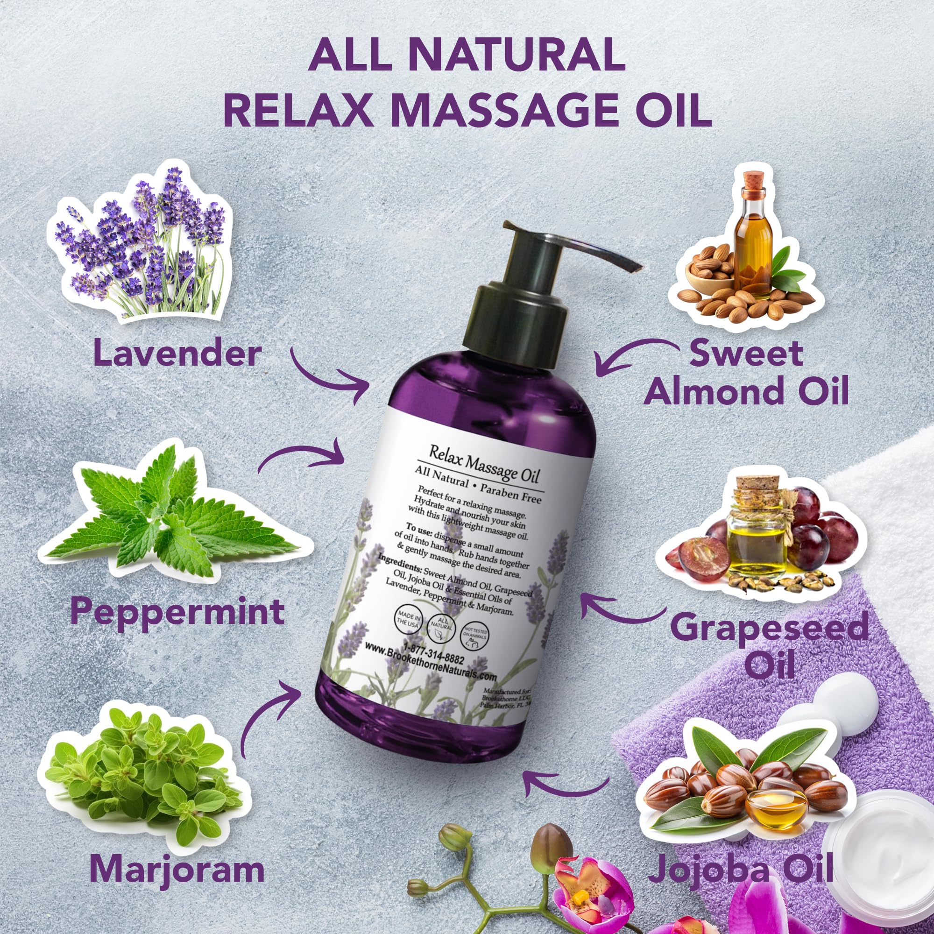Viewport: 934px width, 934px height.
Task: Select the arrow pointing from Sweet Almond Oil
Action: [629, 358]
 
